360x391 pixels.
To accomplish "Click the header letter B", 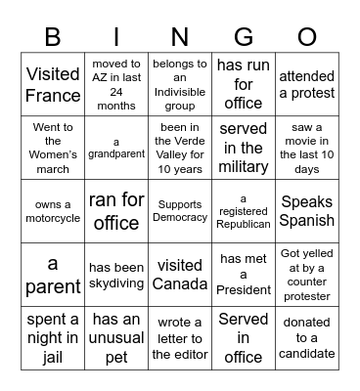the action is pyautogui.click(x=53, y=37).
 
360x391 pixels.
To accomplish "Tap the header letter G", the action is pyautogui.click(x=243, y=37).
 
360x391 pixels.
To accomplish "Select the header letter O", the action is pyautogui.click(x=306, y=37).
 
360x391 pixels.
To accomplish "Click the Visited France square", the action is pyautogui.click(x=53, y=84).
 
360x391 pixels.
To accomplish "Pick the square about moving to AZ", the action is pyautogui.click(x=116, y=84).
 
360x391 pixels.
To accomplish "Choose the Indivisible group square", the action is pyautogui.click(x=180, y=84).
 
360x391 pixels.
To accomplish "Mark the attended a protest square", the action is pyautogui.click(x=306, y=84).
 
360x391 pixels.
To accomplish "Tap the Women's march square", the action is pyautogui.click(x=53, y=148).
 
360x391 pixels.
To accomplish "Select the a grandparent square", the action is pyautogui.click(x=116, y=148).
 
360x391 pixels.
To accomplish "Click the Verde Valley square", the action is pyautogui.click(x=180, y=148).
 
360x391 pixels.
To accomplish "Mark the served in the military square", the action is pyautogui.click(x=243, y=148).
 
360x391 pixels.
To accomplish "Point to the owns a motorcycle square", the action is pyautogui.click(x=53, y=211).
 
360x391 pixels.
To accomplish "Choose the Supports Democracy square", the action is pyautogui.click(x=180, y=211).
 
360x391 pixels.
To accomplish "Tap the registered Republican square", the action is pyautogui.click(x=243, y=211).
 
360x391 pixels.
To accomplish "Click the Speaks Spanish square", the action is pyautogui.click(x=306, y=211).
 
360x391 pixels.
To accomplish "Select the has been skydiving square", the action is pyautogui.click(x=116, y=275).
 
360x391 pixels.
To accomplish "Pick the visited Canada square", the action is pyautogui.click(x=180, y=275).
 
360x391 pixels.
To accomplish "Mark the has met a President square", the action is pyautogui.click(x=243, y=275).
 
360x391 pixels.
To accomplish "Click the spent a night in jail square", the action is pyautogui.click(x=53, y=338).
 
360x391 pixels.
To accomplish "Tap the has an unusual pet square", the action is pyautogui.click(x=116, y=338).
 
